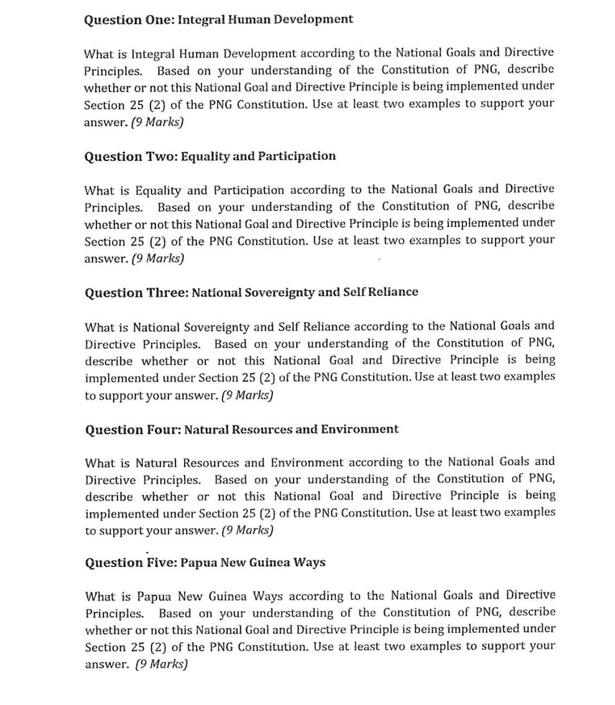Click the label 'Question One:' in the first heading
tap(129, 19)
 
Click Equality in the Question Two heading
tap(204, 156)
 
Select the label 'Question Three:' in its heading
tap(136, 292)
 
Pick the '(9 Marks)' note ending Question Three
tap(247, 395)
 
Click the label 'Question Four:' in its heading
tap(132, 429)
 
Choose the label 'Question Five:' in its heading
tap(130, 563)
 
